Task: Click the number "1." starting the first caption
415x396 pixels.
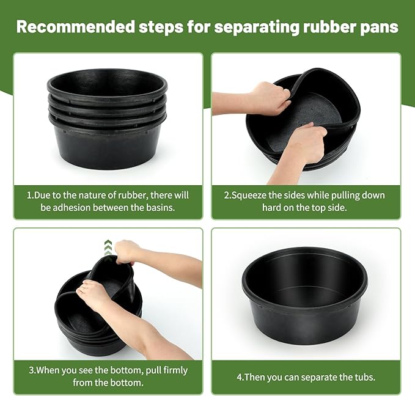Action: (30, 196)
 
